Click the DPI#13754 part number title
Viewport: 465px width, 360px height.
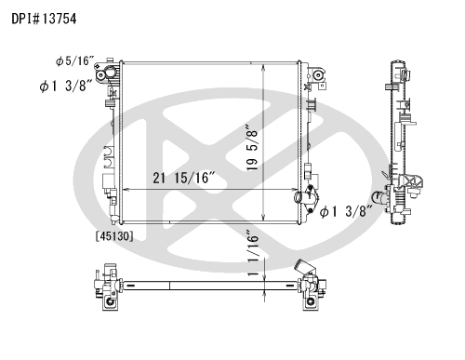click(44, 19)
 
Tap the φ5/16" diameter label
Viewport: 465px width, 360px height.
click(74, 60)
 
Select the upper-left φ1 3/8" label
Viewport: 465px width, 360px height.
click(66, 86)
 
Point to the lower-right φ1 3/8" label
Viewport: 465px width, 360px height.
click(346, 212)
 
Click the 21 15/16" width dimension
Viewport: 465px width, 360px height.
click(184, 178)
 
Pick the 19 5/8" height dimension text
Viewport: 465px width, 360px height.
click(252, 147)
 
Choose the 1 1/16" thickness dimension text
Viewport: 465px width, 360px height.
click(253, 253)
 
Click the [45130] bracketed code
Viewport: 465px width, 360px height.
click(114, 236)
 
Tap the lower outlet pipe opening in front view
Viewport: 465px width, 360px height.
click(298, 197)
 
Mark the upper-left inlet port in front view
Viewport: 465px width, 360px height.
click(110, 73)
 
